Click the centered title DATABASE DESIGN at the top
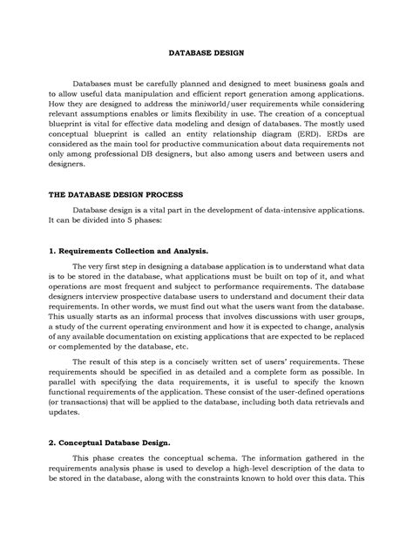[206, 51]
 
